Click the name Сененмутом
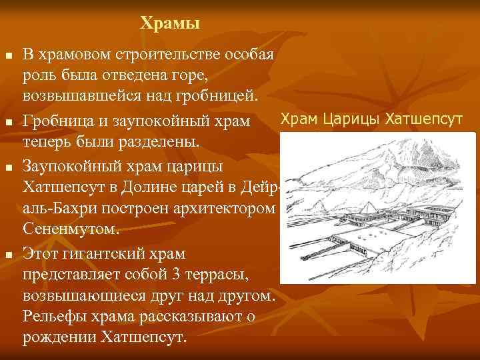(71, 230)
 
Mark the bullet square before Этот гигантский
(8, 255)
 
